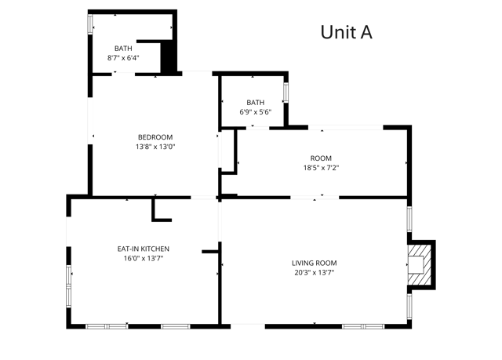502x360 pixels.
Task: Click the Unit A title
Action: tap(345, 32)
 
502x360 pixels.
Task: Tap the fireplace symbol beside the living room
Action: tap(419, 264)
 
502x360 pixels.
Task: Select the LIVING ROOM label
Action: tap(314, 263)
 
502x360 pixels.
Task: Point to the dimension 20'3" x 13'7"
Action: tap(314, 273)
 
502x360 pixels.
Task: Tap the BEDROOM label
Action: tap(155, 137)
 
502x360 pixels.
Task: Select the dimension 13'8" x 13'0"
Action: tap(155, 147)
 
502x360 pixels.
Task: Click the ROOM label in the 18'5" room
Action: tap(321, 158)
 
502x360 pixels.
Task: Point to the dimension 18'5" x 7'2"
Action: tap(321, 167)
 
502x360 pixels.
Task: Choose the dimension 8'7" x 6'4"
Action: tap(124, 58)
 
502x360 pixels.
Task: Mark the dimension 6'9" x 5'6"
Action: tap(256, 112)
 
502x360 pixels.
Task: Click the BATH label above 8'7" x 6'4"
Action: tap(124, 49)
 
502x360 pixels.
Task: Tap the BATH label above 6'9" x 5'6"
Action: tap(256, 103)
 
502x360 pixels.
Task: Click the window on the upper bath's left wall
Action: tap(90, 24)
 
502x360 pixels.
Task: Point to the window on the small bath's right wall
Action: tap(286, 91)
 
